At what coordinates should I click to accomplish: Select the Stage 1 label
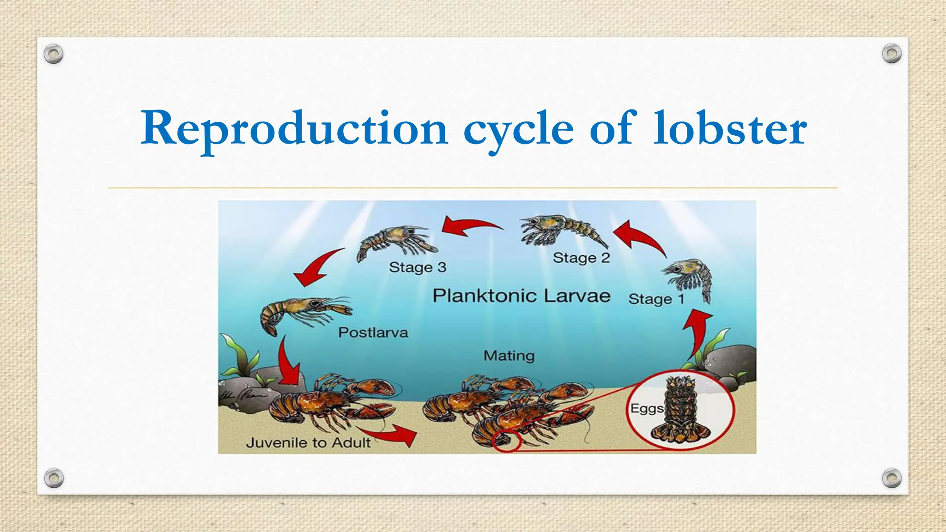(656, 299)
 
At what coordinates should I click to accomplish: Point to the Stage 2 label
(581, 257)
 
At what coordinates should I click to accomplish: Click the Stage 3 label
(418, 267)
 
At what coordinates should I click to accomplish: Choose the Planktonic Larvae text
(521, 296)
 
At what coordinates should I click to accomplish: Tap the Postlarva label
(373, 332)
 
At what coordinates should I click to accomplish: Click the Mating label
(509, 356)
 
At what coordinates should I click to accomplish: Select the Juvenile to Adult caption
(308, 442)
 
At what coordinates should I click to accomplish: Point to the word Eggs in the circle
(647, 408)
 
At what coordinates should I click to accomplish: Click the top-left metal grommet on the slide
(54, 54)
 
